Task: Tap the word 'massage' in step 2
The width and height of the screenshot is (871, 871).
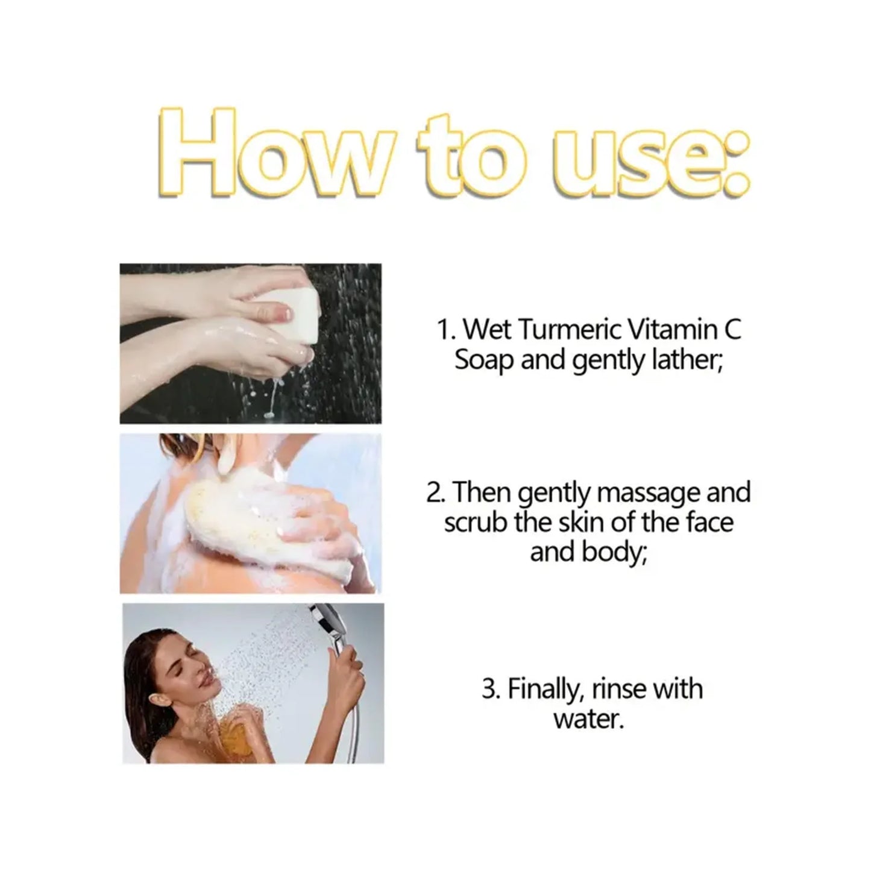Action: [647, 492]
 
